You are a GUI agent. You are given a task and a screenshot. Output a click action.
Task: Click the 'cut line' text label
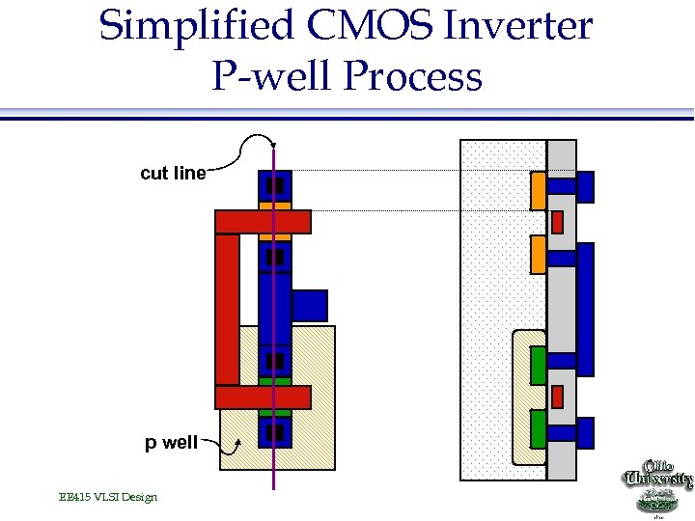coord(173,174)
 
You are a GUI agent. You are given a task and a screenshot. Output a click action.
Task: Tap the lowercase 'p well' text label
coord(171,443)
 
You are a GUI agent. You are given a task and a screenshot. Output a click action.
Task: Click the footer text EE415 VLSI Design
coord(107,497)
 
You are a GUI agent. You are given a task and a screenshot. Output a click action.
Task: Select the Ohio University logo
coord(659,487)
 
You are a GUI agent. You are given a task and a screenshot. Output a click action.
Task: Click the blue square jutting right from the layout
coord(310,305)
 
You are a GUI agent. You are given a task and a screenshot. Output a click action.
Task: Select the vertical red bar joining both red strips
coord(227,309)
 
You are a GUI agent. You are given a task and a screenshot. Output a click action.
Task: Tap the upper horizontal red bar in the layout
coord(263,222)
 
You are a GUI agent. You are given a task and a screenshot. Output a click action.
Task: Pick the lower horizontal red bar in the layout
coord(263,397)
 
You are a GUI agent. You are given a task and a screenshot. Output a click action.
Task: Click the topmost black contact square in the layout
coord(275,184)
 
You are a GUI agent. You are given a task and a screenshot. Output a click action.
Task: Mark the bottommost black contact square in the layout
coord(275,432)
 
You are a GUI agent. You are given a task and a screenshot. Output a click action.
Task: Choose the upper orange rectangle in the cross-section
coord(539,192)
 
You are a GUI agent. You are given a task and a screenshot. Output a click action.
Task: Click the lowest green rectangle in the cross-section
coord(539,425)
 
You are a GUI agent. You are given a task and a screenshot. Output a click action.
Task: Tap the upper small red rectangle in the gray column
coord(557,222)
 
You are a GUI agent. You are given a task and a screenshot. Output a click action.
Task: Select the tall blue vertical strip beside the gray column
coord(585,309)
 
